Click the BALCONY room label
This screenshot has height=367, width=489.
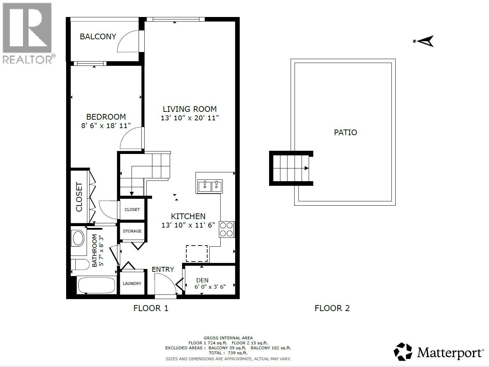(98, 36)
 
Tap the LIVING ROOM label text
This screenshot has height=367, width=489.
(190, 109)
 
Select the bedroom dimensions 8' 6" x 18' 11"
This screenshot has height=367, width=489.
(106, 125)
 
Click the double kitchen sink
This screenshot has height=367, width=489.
(210, 186)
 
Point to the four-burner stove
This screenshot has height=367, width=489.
(226, 229)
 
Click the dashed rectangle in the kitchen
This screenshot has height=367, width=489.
(197, 253)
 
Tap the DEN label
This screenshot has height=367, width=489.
(202, 280)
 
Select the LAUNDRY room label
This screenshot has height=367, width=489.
(132, 283)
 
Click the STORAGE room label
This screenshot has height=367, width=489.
(132, 231)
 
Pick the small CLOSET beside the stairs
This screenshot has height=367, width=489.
(132, 210)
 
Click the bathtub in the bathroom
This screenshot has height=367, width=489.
(97, 285)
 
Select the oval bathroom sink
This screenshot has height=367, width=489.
(78, 238)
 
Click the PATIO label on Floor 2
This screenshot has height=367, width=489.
(345, 132)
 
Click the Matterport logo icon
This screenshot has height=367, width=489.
(403, 352)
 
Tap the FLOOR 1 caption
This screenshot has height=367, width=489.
(151, 308)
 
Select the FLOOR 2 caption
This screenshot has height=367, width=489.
(332, 308)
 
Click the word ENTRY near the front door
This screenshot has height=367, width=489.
(163, 269)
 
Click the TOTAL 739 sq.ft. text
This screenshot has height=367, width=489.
(228, 353)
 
